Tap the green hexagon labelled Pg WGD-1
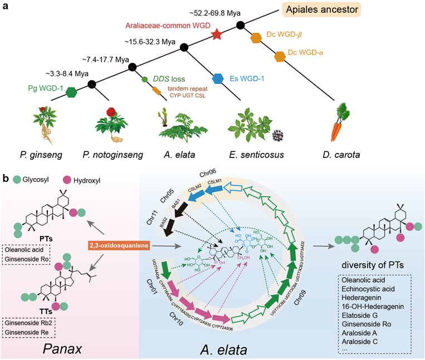pyautogui.click(x=71, y=93)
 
